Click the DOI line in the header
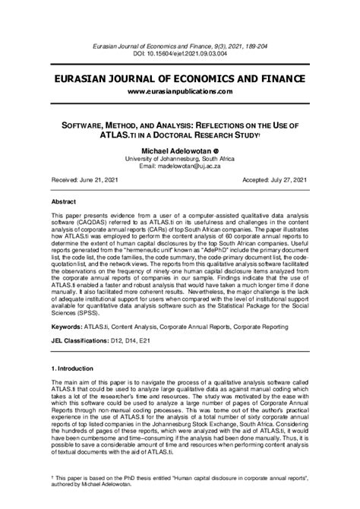tap(179, 55)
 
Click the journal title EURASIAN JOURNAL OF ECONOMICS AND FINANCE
tap(179, 79)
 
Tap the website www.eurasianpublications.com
tap(179, 91)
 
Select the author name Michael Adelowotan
tap(175, 151)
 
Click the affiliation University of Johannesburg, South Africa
tap(179, 159)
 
